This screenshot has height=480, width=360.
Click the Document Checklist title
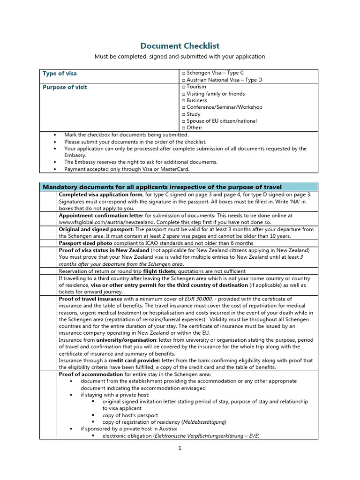tap(180, 45)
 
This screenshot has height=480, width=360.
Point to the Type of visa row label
tap(60, 74)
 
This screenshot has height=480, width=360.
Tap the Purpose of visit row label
tap(65, 87)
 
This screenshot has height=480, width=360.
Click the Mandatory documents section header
tap(162, 187)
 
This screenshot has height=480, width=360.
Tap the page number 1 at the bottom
tap(179, 448)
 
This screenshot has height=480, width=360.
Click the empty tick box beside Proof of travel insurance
tap(47, 332)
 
